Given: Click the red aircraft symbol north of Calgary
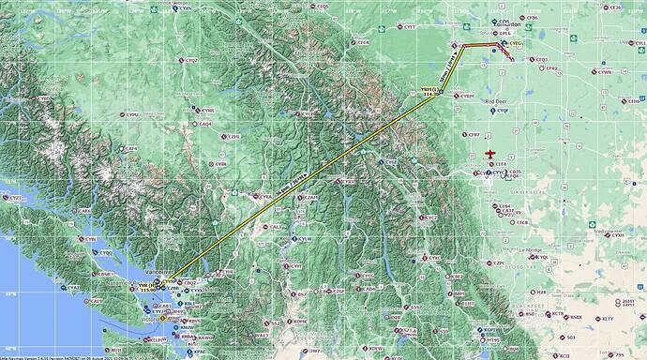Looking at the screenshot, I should tap(489, 154).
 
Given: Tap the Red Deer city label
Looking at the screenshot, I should tap(497, 99).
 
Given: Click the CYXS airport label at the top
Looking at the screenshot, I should tap(185, 8).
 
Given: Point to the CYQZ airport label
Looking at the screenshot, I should tap(192, 60).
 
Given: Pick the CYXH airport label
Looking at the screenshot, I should tap(618, 235).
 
